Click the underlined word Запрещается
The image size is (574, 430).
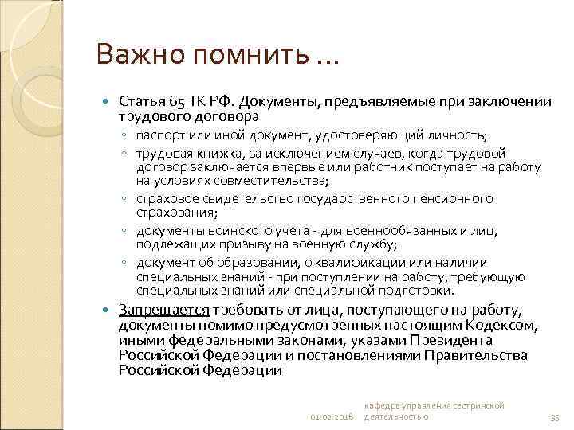[163, 309]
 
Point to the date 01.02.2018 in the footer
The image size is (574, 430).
[332, 416]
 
